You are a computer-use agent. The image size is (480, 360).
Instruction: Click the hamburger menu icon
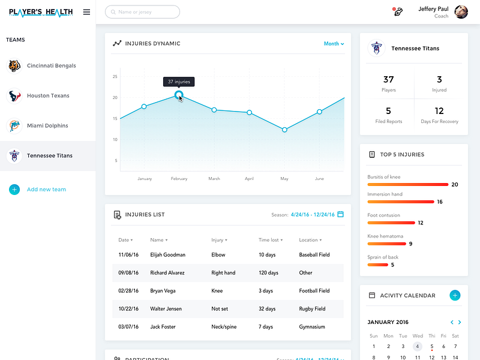(86, 12)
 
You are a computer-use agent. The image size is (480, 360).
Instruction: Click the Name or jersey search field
(142, 12)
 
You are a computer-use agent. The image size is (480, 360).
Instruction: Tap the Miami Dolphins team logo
(14, 126)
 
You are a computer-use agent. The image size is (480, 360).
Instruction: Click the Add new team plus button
(14, 190)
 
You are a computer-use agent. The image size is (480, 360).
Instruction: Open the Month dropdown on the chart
(334, 44)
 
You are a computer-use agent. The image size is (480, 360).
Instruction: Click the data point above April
(250, 112)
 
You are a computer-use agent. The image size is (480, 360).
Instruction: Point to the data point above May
(284, 130)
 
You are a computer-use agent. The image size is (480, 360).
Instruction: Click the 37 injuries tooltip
(179, 82)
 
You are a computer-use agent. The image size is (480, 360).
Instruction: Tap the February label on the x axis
(179, 179)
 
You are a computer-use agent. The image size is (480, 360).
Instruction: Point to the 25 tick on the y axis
(115, 77)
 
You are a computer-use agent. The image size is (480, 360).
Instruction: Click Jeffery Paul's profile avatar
(461, 12)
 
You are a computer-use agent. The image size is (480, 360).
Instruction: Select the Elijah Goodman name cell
(168, 255)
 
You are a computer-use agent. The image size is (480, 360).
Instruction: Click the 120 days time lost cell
(268, 273)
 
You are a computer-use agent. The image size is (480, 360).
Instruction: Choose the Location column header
(308, 240)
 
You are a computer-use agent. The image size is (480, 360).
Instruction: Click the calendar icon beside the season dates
(341, 214)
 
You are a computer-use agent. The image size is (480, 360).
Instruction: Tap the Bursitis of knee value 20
(455, 185)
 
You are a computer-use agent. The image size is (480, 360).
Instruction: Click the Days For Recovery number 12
(439, 111)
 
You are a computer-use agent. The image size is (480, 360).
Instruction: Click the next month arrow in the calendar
(460, 323)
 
